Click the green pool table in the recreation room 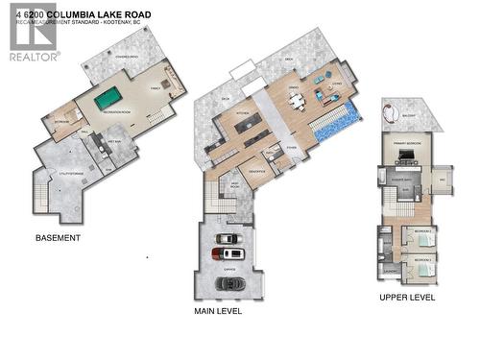pyautogui.click(x=108, y=97)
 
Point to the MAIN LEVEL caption pyautogui.click(x=218, y=311)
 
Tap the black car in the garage pyautogui.click(x=230, y=284)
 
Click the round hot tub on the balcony pyautogui.click(x=391, y=113)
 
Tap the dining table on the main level pyautogui.click(x=298, y=102)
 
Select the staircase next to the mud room pyautogui.click(x=220, y=200)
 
